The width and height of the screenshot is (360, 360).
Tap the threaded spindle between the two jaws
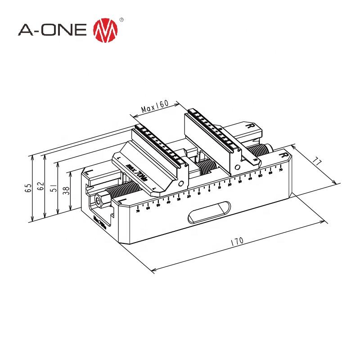click(x=205, y=167)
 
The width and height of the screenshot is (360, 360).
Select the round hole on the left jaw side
click(x=181, y=185)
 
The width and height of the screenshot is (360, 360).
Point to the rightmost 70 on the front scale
click(x=280, y=170)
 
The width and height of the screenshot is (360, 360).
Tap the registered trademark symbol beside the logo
click(x=121, y=20)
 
